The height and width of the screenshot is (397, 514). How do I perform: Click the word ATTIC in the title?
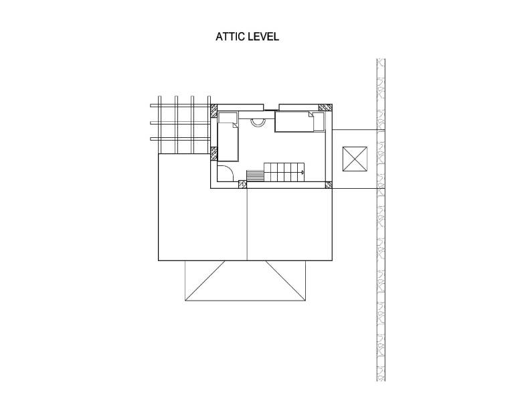tap(230, 36)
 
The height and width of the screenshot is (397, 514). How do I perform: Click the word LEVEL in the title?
tap(263, 36)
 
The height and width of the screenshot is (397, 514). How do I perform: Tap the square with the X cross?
tap(355, 159)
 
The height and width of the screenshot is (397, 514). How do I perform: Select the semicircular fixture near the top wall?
tap(258, 122)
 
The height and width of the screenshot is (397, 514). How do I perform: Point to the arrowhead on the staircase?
tap(302, 171)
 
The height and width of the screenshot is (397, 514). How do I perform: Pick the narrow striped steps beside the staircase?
tap(255, 175)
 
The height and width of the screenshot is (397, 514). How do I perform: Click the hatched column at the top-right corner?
tap(325, 108)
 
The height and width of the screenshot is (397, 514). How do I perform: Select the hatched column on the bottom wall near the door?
tap(242, 185)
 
